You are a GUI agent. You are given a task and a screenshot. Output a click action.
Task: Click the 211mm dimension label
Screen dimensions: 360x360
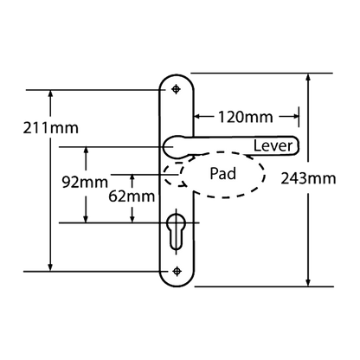[x=51, y=128]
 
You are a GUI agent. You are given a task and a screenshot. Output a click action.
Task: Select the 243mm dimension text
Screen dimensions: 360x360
[x=308, y=178]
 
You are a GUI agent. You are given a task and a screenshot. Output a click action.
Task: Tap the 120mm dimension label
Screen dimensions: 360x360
[x=245, y=117]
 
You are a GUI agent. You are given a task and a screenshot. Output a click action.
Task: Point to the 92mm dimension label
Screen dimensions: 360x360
[x=85, y=182]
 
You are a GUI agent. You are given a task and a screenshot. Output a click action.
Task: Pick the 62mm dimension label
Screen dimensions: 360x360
[x=132, y=196]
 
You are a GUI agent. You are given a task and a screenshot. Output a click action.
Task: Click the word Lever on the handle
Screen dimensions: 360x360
[x=273, y=146]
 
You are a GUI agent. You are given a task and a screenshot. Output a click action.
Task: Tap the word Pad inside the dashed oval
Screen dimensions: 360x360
[x=222, y=174]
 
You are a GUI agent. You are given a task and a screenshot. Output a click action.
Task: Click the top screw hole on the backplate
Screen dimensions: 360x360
[x=176, y=89]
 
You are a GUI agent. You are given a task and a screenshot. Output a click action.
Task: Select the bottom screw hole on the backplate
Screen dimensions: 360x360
[x=177, y=271]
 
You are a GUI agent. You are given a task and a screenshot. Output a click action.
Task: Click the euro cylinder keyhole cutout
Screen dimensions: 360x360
[x=176, y=231]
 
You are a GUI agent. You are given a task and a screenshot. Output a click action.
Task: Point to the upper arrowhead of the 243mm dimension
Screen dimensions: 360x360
[x=308, y=78]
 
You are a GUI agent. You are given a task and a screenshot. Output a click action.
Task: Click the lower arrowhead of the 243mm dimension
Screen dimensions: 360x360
[x=308, y=282]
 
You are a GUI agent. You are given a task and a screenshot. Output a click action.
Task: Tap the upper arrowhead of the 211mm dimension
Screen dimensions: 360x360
[x=51, y=94]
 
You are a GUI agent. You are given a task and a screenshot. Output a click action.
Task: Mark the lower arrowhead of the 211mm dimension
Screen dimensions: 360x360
[x=51, y=267]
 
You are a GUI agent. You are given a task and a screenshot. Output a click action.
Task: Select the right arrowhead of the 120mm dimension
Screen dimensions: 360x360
[x=294, y=117]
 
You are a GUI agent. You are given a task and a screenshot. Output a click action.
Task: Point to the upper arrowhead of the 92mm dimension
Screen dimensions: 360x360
[x=86, y=151]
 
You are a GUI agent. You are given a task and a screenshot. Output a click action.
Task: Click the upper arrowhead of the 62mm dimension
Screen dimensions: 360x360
[x=132, y=179]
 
